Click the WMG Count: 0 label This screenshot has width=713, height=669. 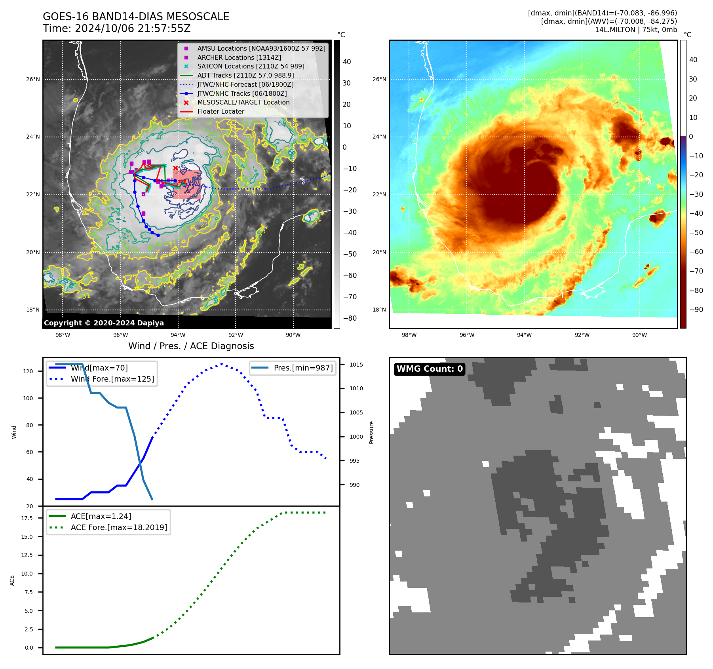click(430, 369)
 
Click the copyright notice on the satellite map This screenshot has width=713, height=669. click(104, 323)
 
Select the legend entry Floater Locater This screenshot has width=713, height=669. click(221, 112)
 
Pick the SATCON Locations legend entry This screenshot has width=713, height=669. click(251, 67)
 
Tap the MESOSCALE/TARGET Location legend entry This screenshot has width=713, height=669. click(243, 103)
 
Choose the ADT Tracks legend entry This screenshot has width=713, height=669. click(245, 76)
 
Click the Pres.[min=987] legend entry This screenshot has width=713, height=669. click(303, 368)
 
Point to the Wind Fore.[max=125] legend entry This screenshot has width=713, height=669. click(112, 379)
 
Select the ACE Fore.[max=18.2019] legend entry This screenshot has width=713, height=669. click(119, 528)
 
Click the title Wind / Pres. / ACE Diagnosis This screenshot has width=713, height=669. click(191, 346)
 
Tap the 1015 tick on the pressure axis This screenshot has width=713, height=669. click(356, 365)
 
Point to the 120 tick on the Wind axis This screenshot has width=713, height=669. click(28, 371)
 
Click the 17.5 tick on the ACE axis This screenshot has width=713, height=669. click(27, 518)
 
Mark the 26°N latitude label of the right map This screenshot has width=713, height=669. click(379, 80)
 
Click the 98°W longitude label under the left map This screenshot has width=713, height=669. click(63, 335)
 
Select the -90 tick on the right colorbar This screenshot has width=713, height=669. click(696, 310)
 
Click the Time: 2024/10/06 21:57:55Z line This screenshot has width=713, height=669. click(117, 29)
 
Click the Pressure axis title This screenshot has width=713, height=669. click(371, 432)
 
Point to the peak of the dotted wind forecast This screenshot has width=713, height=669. click(221, 364)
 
